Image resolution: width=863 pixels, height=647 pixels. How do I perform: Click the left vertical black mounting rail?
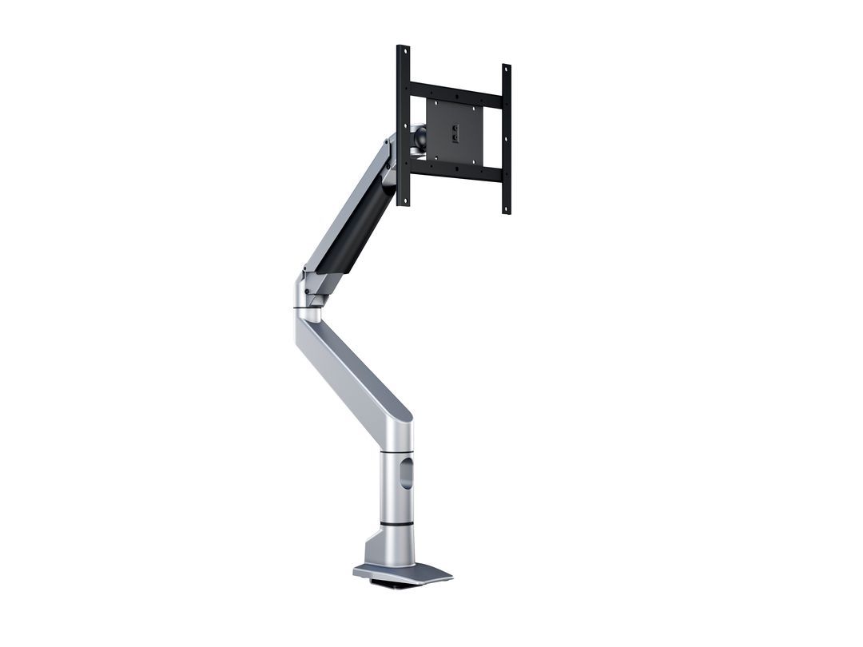pos(403,128)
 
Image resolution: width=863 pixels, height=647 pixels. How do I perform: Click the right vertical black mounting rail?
pos(506,140)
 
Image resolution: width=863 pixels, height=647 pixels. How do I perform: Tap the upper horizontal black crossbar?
pos(454,91)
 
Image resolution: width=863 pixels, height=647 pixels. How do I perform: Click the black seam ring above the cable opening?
pos(397,452)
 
